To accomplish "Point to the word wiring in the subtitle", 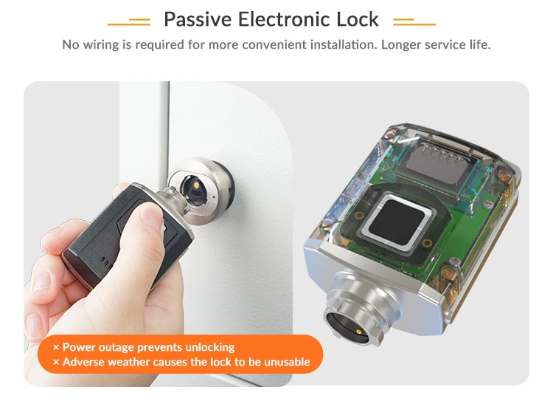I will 100,44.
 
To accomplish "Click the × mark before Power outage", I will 56,347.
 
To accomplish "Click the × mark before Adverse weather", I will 56,362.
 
